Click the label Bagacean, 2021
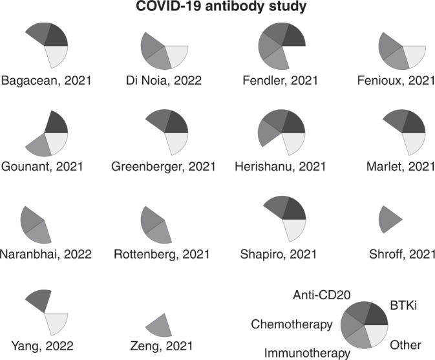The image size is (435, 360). coord(46,81)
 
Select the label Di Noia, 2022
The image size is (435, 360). coord(164,81)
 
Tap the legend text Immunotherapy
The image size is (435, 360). coord(306,352)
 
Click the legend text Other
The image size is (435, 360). coord(406,345)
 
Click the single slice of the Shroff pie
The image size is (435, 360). coord(388,218)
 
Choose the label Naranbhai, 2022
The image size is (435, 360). coord(46,254)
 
